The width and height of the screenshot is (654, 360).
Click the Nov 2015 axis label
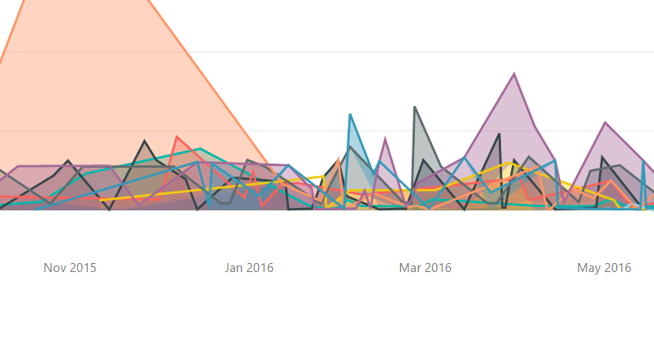70,268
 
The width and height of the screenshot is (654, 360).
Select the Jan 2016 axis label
249,268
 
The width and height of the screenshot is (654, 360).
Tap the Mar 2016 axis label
425,268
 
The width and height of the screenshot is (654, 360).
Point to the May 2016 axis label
604,268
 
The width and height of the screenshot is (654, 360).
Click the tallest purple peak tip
514,74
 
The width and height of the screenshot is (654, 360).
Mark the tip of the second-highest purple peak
606,122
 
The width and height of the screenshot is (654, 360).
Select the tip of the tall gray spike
415,108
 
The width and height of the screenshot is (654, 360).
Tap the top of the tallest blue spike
350,114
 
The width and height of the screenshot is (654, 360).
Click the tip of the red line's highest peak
177,137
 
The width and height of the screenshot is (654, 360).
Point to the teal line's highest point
200,149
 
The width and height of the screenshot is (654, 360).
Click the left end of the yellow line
101,200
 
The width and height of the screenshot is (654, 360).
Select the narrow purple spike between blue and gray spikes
385,139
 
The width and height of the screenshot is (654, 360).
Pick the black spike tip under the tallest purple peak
499,134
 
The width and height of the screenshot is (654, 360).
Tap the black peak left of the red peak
145,141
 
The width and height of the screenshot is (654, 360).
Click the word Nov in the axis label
55,268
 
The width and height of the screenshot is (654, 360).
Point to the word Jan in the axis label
234,268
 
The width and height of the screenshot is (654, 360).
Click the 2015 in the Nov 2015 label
83,268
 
